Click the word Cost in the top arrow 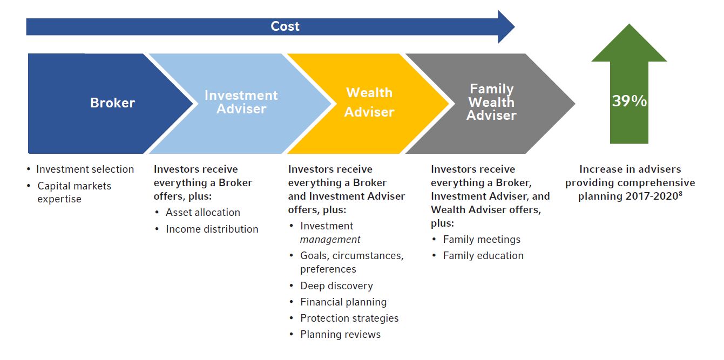[x=285, y=26]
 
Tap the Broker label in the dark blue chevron [x=112, y=103]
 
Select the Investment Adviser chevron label [x=241, y=102]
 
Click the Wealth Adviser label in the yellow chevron [x=369, y=102]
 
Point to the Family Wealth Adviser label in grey [x=491, y=102]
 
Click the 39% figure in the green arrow [x=630, y=101]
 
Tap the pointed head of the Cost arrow [x=515, y=27]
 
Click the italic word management [x=330, y=240]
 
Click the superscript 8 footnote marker [x=680, y=193]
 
